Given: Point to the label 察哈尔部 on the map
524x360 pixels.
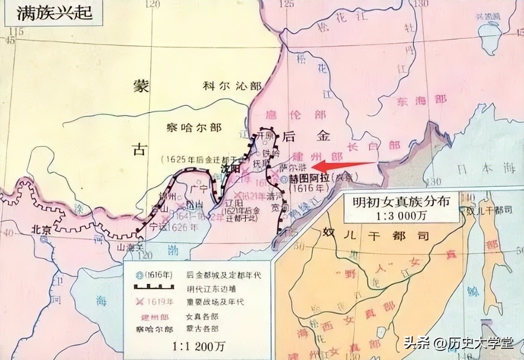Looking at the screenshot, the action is coord(194,127).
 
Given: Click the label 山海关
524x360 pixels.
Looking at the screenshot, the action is coord(128,246).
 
